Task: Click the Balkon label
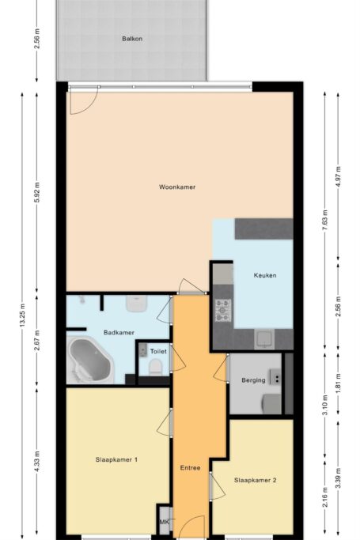(x=132, y=39)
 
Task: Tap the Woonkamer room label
(x=177, y=187)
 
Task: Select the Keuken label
(x=265, y=275)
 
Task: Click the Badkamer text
(x=119, y=333)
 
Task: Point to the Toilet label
(x=158, y=351)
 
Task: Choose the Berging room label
(x=253, y=380)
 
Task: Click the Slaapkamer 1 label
(x=116, y=459)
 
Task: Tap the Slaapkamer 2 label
(x=256, y=480)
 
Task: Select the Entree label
(x=190, y=468)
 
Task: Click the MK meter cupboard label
(x=164, y=522)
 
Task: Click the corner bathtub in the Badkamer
(x=90, y=361)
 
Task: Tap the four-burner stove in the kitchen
(x=223, y=310)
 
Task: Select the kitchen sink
(x=264, y=339)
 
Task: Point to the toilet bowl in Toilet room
(x=155, y=367)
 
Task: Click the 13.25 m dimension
(x=22, y=315)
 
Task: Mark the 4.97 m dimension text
(x=338, y=176)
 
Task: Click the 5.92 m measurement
(x=37, y=192)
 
